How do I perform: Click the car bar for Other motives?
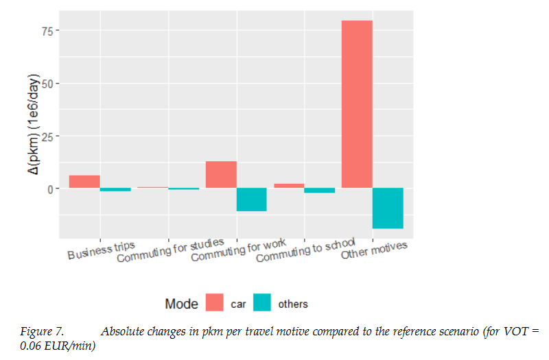tap(357, 104)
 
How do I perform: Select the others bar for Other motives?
tap(388, 208)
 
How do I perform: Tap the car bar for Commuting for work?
tap(221, 174)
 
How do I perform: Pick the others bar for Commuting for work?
tap(252, 200)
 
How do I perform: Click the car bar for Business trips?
tap(84, 182)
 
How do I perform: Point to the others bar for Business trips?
tap(115, 190)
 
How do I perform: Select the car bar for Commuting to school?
tap(289, 186)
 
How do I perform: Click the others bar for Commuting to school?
tap(320, 191)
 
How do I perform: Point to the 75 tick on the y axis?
tap(46, 31)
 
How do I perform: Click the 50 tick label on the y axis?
tap(46, 84)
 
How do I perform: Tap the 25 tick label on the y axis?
tap(46, 136)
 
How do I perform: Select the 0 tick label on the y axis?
tap(49, 189)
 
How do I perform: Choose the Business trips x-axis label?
tap(102, 251)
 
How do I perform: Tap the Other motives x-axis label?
tap(374, 251)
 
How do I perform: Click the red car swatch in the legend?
tap(215, 303)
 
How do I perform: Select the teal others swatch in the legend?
tap(261, 303)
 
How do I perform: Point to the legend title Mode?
tap(181, 304)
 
